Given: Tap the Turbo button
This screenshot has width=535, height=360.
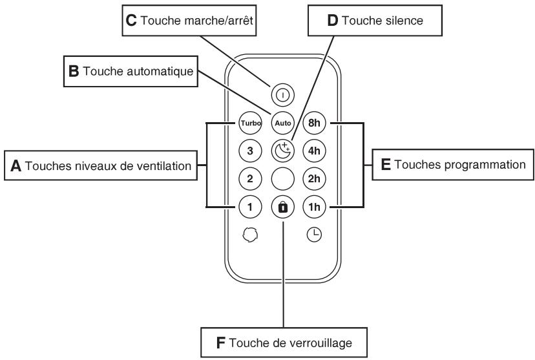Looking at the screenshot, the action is tap(251, 123).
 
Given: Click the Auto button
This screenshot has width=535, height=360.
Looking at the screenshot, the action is tap(283, 123).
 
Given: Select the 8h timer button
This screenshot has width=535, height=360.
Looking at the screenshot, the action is tap(314, 123).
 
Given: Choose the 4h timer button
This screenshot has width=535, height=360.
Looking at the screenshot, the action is tap(314, 151).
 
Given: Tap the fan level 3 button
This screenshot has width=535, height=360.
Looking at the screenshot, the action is tap(251, 151).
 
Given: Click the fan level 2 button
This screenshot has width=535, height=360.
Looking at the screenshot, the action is tap(251, 178).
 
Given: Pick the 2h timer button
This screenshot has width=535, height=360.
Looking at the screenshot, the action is tap(314, 178).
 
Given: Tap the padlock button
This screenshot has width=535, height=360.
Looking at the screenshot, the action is tap(283, 207).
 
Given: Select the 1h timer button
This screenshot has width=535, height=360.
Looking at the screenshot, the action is tap(314, 207).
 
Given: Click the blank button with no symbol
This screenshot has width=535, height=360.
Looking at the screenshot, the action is tap(283, 178).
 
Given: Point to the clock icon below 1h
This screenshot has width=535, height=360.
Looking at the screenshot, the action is tap(314, 235).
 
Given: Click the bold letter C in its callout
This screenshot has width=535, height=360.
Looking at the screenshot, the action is tap(131, 21).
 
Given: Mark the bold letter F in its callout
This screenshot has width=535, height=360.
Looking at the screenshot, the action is tap(220, 343).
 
